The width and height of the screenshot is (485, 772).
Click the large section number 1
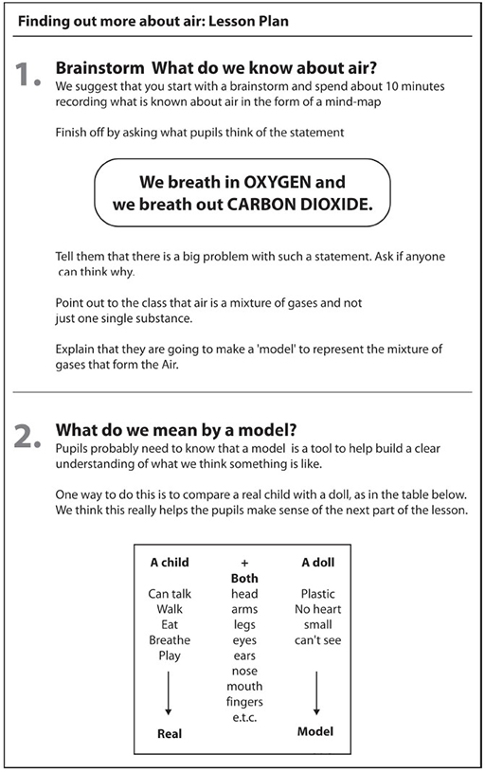point(27,74)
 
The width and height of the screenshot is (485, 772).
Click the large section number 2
point(27,437)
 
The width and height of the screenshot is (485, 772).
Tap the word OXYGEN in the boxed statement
point(278,182)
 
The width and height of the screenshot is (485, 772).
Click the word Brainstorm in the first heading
point(100,68)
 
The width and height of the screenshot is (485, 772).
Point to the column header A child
point(170,563)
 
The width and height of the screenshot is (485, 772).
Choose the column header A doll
point(318,563)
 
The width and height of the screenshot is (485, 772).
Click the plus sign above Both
point(244,564)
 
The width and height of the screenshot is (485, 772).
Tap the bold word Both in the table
point(244,578)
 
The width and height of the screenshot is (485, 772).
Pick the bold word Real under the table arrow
point(170,733)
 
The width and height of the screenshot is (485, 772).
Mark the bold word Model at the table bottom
point(315,731)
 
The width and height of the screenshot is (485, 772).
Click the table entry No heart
point(318,609)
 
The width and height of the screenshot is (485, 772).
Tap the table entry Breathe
point(170,640)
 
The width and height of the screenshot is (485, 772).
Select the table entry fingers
point(244,703)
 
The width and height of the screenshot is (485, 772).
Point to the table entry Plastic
point(318,594)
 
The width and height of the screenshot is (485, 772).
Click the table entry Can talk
point(170,594)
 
